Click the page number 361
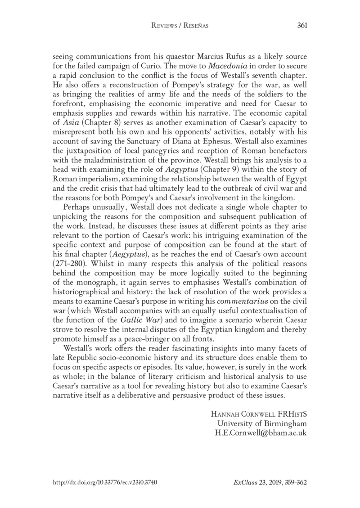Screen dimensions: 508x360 (302, 26)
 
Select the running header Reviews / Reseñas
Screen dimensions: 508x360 (180, 26)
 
